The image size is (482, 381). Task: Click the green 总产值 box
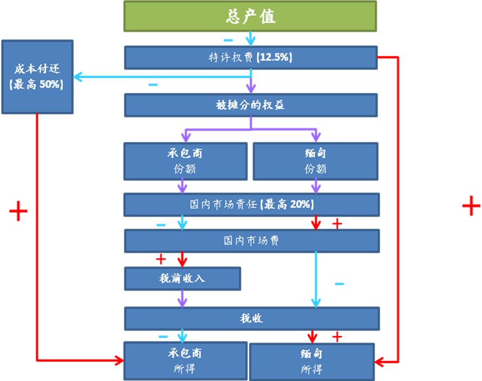click(x=250, y=16)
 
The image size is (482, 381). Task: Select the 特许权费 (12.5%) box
click(x=250, y=57)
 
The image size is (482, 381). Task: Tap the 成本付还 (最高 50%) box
click(x=37, y=77)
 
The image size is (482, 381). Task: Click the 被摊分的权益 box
click(x=250, y=105)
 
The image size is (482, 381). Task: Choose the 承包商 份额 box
click(x=185, y=161)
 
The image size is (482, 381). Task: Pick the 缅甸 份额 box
click(x=315, y=161)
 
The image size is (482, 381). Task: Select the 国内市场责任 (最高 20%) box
click(x=252, y=205)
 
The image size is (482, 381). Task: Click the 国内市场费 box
click(x=252, y=240)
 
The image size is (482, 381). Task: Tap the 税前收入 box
click(x=182, y=279)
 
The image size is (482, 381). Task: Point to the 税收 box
click(x=252, y=318)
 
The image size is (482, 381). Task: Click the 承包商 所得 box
click(x=185, y=360)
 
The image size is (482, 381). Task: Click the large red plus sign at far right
click(x=471, y=206)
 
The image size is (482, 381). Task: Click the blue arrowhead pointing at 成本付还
click(x=78, y=77)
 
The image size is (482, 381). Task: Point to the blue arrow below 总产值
click(x=250, y=39)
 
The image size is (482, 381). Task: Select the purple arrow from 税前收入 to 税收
click(x=182, y=299)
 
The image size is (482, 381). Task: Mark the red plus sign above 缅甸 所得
click(x=337, y=337)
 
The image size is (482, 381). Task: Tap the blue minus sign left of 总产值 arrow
click(x=228, y=40)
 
